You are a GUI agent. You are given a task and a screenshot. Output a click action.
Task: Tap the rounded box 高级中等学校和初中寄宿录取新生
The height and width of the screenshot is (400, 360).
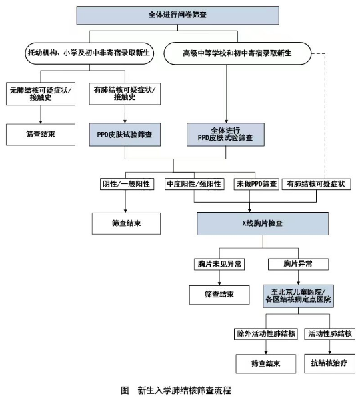pos(237,51)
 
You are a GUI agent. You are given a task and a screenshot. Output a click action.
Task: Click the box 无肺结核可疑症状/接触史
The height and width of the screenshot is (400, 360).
pos(42,93)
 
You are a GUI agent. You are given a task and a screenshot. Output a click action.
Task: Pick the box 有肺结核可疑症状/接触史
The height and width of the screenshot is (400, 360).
pos(125,93)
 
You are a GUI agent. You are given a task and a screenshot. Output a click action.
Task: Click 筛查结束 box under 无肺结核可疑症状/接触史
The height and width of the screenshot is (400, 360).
pos(42,133)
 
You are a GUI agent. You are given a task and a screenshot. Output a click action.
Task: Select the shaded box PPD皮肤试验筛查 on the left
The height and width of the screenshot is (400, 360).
pos(125,133)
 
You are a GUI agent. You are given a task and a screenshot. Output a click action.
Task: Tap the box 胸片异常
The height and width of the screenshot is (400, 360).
pos(297,264)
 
